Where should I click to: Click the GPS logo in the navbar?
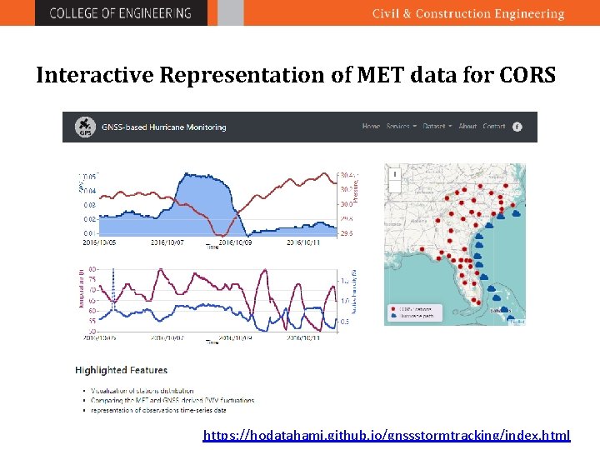click(83, 127)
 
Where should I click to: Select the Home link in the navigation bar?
click(371, 127)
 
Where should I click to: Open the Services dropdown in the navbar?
click(400, 127)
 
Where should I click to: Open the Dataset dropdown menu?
click(437, 127)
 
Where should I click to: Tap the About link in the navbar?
click(467, 127)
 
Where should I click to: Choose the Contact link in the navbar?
click(494, 127)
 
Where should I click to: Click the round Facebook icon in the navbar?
click(517, 127)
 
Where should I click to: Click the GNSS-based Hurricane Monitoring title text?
click(163, 127)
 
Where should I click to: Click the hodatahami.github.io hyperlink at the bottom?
click(387, 435)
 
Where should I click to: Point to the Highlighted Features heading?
click(121, 370)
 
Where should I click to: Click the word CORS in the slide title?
click(527, 76)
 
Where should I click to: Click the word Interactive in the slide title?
click(95, 76)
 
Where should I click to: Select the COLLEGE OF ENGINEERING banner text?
click(120, 13)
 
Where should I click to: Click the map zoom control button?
click(395, 176)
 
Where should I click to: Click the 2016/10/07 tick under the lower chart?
click(167, 338)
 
